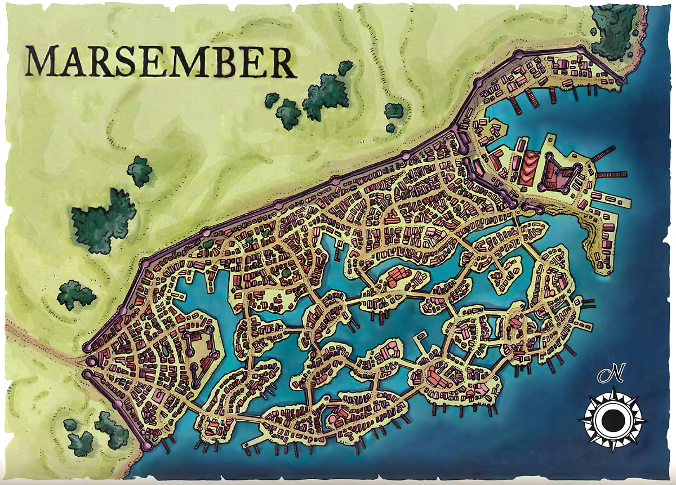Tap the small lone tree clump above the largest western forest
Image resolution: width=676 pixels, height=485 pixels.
pyautogui.click(x=139, y=170)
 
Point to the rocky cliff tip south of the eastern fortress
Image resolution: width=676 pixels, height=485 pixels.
pyautogui.click(x=597, y=253)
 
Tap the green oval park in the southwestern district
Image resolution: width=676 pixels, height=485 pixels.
pyautogui.click(x=163, y=350)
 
